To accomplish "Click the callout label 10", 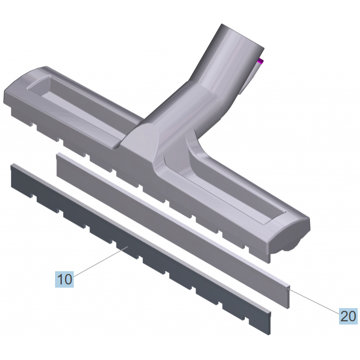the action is pos(64,279).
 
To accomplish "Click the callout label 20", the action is pos(348,316).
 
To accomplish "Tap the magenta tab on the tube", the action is pos(260,61).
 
